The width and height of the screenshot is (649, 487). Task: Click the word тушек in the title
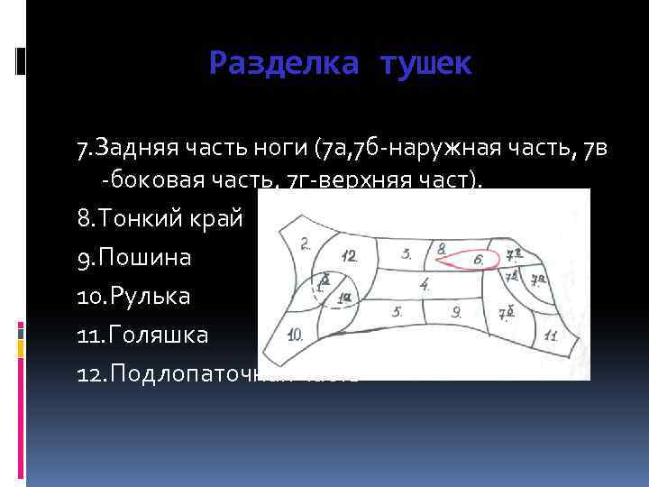(425, 63)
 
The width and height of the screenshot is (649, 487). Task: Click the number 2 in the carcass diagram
(306, 243)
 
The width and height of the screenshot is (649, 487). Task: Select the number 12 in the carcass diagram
(349, 256)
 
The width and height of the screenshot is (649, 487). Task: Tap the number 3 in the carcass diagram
(407, 253)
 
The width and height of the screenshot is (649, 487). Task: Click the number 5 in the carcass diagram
(397, 311)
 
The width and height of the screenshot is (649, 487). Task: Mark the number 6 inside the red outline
(479, 260)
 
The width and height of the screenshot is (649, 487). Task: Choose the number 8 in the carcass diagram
(441, 247)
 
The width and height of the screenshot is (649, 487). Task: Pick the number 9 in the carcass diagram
(457, 313)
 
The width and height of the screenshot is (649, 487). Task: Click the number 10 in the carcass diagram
(295, 335)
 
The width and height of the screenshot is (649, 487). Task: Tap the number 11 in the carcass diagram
(550, 335)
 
